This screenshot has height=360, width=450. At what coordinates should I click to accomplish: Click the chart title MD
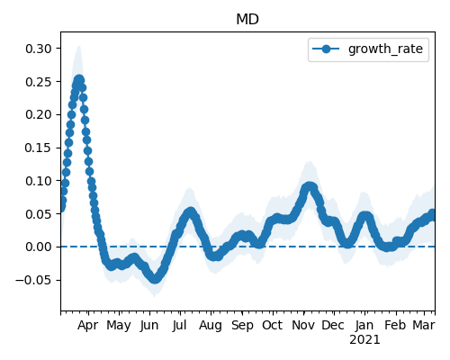(x=247, y=20)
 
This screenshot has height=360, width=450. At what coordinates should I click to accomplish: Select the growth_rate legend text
(x=385, y=49)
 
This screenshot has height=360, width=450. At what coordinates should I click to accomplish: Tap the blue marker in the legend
(x=326, y=49)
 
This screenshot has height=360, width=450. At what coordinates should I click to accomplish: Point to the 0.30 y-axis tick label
(x=39, y=49)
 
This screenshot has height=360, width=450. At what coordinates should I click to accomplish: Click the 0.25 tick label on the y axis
(x=39, y=82)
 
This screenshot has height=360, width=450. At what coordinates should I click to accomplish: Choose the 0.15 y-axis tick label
(x=39, y=148)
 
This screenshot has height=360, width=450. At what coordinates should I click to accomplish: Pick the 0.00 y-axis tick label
(x=39, y=247)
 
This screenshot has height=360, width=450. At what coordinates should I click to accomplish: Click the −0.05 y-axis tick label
(x=33, y=280)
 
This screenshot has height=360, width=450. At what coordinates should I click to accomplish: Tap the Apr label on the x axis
(x=87, y=325)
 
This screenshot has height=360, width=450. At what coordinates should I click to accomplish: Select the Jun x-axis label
(x=149, y=325)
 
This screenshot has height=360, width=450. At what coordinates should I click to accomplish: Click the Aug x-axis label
(x=211, y=325)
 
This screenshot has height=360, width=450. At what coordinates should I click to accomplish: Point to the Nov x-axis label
(x=303, y=325)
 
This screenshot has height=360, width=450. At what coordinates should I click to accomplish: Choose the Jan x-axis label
(x=364, y=325)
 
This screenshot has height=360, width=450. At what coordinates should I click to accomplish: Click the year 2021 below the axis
(x=364, y=340)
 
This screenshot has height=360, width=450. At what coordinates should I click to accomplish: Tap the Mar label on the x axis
(x=424, y=325)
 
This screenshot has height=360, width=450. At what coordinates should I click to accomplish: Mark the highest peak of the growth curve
(x=79, y=80)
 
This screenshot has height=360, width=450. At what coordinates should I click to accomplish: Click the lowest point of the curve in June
(x=155, y=279)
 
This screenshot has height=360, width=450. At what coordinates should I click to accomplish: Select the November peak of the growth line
(x=309, y=187)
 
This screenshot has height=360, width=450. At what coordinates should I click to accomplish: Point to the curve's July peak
(x=190, y=212)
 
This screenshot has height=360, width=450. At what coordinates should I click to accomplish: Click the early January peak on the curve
(x=365, y=216)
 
